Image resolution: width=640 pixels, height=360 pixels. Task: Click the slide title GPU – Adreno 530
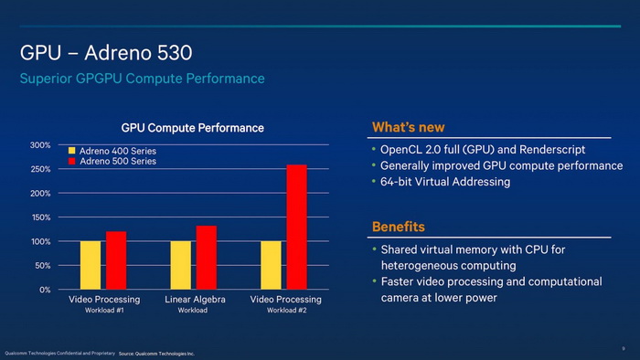point(105,54)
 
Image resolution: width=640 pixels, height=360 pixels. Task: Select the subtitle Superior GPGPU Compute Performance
point(142,79)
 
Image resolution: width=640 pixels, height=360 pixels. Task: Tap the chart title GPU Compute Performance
point(193,128)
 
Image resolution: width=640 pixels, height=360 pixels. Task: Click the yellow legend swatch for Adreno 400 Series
point(71,150)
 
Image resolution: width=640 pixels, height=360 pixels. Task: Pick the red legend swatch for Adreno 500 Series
point(71,162)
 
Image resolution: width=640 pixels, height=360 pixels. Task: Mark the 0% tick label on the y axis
point(44,290)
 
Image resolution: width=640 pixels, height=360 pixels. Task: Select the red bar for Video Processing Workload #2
point(296,227)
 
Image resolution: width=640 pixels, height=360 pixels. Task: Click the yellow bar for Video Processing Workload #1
point(91,265)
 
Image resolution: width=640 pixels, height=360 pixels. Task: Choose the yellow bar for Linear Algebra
point(181,265)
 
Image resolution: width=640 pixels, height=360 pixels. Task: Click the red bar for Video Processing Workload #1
point(116,260)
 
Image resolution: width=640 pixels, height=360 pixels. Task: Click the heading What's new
point(408,127)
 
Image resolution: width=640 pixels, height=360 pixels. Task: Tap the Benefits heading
point(398,227)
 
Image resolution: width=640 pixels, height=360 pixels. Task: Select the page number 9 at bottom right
point(623,347)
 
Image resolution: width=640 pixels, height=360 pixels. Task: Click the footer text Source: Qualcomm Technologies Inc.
point(156,353)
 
